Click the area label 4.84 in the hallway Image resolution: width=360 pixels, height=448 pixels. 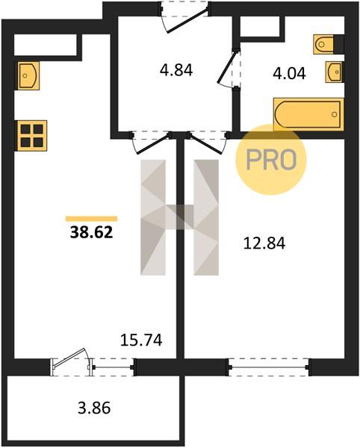click(176, 70)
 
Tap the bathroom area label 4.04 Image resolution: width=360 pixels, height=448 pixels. click(290, 73)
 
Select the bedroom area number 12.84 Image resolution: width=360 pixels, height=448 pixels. click(264, 243)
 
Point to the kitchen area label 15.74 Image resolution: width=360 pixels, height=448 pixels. click(141, 340)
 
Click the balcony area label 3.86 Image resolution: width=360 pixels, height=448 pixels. click(94, 408)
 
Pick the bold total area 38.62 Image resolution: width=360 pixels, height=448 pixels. click(92, 232)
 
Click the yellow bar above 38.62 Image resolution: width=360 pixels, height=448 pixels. click(92, 219)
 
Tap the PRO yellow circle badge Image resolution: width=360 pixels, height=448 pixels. click(271, 160)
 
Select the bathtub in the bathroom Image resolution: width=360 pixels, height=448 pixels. click(308, 114)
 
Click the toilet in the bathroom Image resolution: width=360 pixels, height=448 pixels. click(324, 44)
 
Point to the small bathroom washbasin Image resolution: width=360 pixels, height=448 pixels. click(335, 72)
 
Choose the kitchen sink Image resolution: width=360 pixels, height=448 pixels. click(28, 75)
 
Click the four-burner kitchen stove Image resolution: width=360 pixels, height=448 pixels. click(32, 136)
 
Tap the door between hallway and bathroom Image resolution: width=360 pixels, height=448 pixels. click(230, 69)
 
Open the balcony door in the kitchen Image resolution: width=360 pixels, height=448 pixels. click(72, 362)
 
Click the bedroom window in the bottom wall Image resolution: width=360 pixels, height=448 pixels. click(269, 367)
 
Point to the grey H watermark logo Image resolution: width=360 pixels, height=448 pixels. click(179, 217)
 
